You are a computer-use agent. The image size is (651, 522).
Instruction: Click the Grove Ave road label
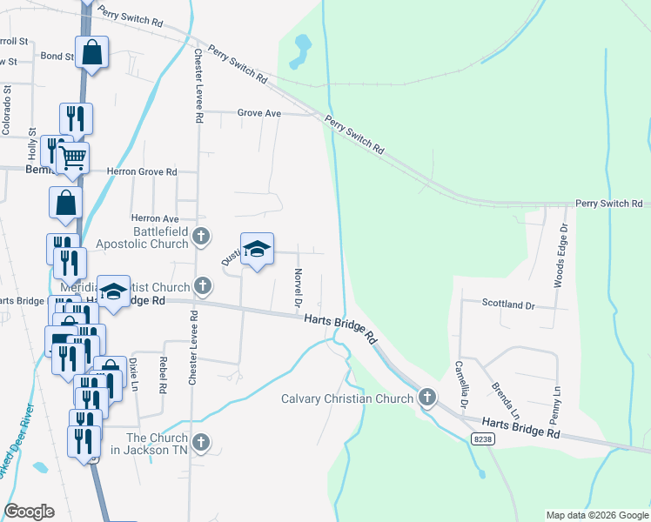260,113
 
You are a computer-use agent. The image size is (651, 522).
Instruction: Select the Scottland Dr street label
509,304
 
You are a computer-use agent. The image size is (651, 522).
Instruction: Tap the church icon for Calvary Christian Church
426,398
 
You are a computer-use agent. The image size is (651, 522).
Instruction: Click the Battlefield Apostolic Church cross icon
201,235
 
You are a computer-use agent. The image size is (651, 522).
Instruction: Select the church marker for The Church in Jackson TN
201,442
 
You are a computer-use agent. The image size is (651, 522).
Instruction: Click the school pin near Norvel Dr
257,249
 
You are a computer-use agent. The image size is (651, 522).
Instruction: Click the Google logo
29,512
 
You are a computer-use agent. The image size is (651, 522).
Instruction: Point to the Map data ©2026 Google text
597,515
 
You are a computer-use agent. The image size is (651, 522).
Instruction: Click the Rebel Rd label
162,372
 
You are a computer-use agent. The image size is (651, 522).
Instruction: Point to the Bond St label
57,56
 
